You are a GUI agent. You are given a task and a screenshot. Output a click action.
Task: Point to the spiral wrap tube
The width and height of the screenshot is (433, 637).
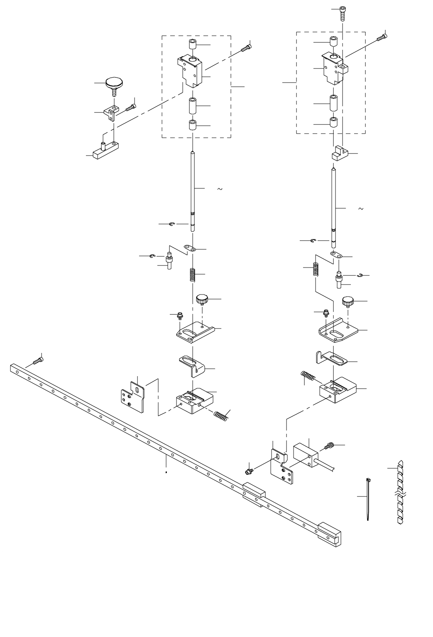(x=400, y=493)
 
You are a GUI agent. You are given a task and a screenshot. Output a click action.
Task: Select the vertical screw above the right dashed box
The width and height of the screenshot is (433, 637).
(x=342, y=13)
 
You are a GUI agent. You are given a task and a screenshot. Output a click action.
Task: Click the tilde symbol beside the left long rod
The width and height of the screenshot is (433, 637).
(x=220, y=190)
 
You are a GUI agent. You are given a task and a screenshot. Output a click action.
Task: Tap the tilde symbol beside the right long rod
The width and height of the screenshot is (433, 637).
(x=360, y=208)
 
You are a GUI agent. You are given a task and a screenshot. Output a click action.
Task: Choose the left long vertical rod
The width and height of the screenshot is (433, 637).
(x=193, y=191)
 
